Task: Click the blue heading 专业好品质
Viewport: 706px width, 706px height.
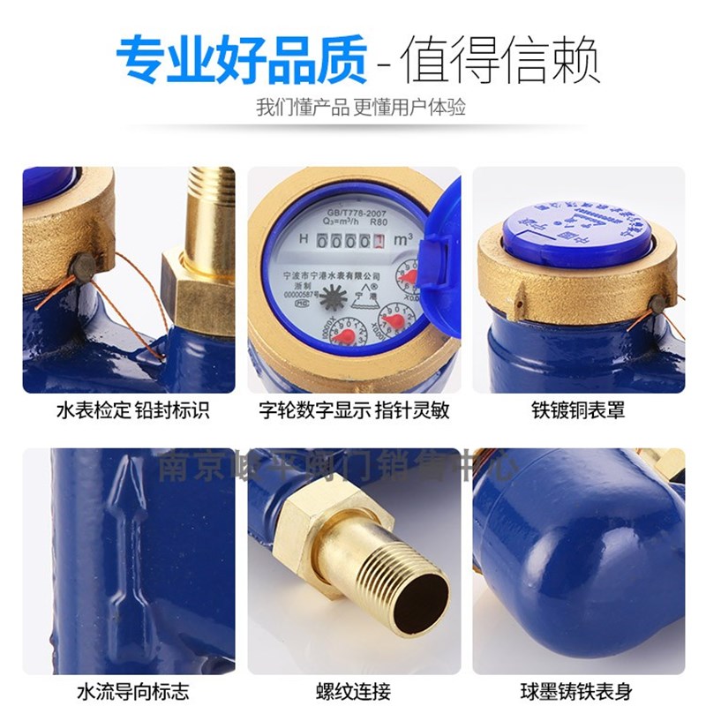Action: coord(241,59)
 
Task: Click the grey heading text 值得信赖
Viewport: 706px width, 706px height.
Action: coord(500,60)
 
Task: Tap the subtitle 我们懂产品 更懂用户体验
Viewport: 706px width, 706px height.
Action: coord(360,109)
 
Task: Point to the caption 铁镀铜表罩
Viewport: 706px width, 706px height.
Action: coord(578,411)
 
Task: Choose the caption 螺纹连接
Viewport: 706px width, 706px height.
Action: coord(352,691)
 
